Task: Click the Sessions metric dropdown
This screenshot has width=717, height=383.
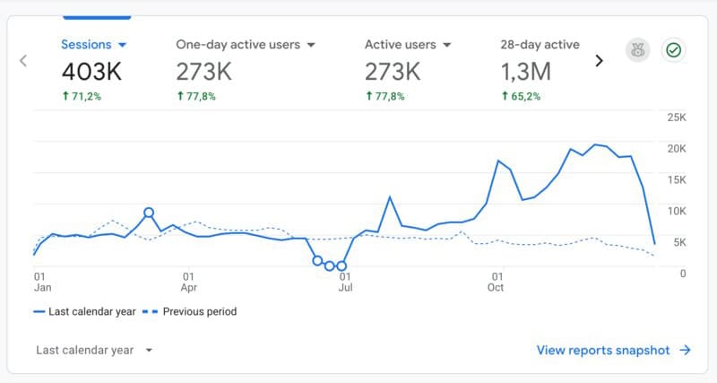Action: click(x=94, y=44)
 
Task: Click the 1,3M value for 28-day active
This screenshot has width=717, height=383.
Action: click(x=526, y=71)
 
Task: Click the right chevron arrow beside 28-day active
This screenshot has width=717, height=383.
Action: click(x=600, y=61)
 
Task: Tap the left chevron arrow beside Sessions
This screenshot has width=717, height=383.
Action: click(x=23, y=61)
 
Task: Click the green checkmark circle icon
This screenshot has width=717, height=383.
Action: click(x=673, y=50)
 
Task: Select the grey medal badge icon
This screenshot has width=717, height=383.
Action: click(x=637, y=50)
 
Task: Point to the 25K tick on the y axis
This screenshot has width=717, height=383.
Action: click(x=677, y=118)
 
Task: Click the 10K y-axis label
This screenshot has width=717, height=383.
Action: click(x=677, y=211)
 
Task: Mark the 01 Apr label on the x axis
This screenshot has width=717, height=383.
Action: click(x=188, y=282)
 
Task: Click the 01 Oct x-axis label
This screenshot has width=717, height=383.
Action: click(x=496, y=282)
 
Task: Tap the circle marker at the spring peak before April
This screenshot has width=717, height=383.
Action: click(x=149, y=213)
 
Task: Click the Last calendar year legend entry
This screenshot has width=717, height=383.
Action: click(x=85, y=312)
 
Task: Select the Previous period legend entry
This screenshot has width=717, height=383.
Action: click(x=192, y=312)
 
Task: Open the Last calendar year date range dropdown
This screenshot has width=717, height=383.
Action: click(x=94, y=350)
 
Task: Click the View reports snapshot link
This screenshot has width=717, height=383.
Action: click(x=613, y=350)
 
